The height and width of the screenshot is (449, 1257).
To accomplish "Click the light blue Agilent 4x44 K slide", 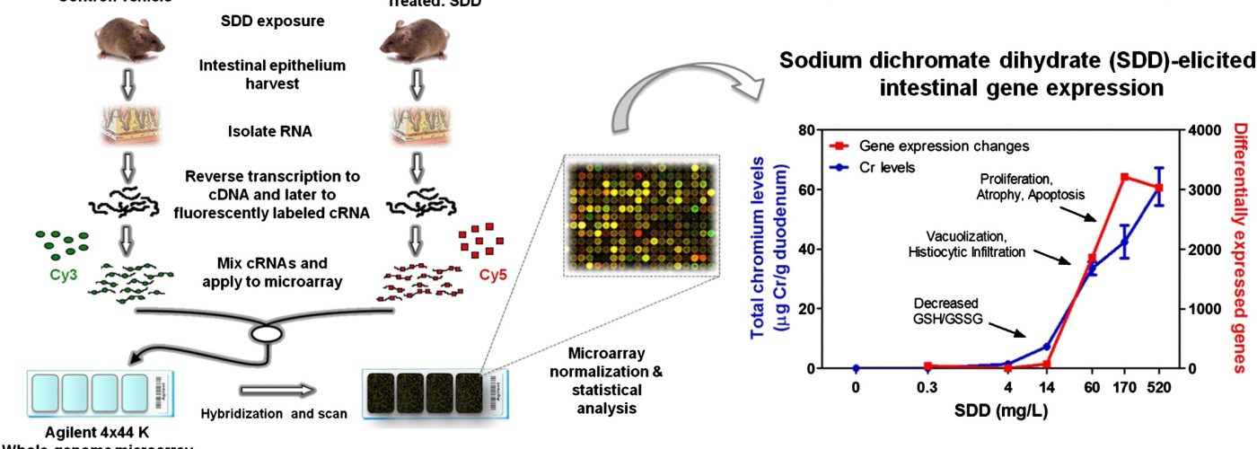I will (x=89, y=392).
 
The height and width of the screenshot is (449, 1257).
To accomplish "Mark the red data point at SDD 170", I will (x=1124, y=178).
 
